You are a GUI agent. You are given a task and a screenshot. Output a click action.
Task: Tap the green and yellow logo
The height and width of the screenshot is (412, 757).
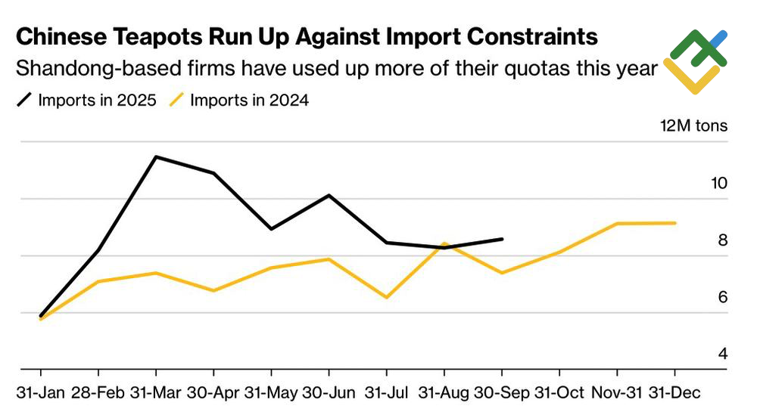tap(695, 61)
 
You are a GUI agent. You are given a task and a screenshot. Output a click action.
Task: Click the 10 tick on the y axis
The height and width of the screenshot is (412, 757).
tap(718, 183)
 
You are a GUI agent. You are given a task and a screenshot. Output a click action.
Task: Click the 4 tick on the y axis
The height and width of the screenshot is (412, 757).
tap(722, 354)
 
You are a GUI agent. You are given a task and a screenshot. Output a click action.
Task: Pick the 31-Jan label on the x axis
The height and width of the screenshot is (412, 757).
tap(40, 393)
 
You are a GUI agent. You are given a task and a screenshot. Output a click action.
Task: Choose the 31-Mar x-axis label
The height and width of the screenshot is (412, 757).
tap(156, 393)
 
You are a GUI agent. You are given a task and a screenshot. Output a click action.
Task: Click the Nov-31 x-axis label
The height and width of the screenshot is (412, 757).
tap(617, 393)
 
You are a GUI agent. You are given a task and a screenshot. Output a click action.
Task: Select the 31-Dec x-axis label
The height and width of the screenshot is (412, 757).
tap(675, 393)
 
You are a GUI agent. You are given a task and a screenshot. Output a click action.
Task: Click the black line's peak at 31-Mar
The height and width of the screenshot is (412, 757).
tap(155, 156)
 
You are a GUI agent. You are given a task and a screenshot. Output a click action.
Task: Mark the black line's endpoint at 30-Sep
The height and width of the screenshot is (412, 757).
tap(502, 239)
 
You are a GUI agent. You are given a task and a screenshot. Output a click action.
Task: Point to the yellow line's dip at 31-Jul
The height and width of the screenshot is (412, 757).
tap(387, 297)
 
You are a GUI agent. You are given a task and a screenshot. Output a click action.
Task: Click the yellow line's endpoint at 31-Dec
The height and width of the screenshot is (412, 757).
tap(674, 223)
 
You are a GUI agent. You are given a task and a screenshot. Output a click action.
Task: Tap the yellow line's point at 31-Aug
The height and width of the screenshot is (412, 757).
tap(445, 244)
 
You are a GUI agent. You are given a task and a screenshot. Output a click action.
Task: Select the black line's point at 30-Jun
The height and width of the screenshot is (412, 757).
tap(329, 195)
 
